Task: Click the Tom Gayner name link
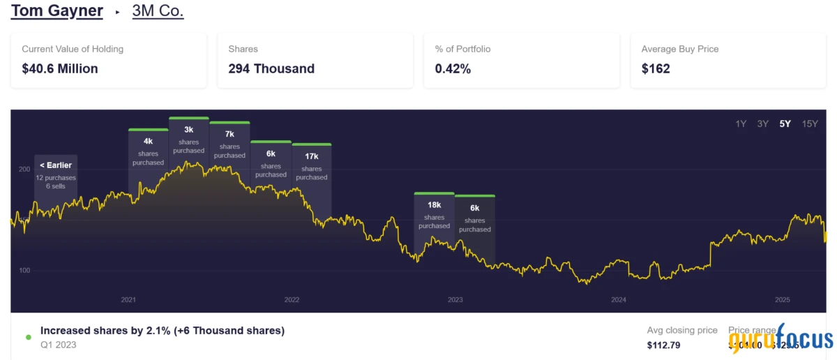(57, 11)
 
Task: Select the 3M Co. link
(158, 11)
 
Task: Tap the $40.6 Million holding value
(60, 68)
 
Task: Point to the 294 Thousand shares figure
(271, 68)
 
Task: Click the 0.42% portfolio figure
(453, 68)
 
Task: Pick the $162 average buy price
(656, 68)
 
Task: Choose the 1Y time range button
(741, 123)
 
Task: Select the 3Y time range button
(763, 123)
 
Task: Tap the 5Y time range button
(785, 123)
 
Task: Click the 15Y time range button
(810, 123)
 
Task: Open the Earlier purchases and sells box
(56, 175)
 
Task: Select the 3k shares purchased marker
(188, 140)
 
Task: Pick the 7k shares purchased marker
(229, 144)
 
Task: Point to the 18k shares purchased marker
(434, 215)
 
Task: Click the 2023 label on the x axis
(455, 300)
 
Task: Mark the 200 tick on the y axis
(24, 170)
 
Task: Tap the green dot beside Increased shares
(28, 337)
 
